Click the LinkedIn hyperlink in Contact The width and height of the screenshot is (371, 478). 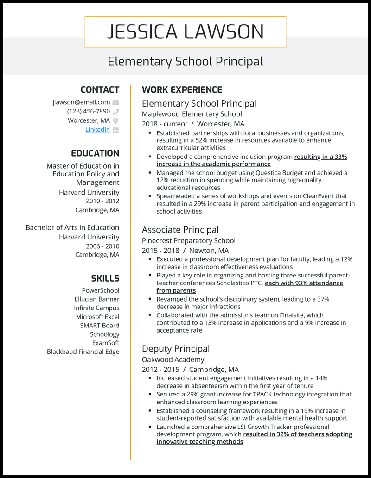pyautogui.click(x=97, y=130)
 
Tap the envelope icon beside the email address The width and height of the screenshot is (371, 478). pyautogui.click(x=115, y=102)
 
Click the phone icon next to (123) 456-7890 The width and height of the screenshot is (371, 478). pyautogui.click(x=115, y=112)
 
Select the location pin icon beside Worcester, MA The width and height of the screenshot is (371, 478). pyautogui.click(x=115, y=121)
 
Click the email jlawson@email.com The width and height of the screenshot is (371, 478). pyautogui.click(x=81, y=102)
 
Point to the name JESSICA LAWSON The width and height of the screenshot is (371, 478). pyautogui.click(x=185, y=32)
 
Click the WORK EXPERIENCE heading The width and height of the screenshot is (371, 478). pyautogui.click(x=182, y=90)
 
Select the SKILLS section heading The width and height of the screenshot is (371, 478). pyautogui.click(x=105, y=278)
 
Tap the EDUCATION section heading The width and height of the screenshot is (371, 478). pyautogui.click(x=95, y=153)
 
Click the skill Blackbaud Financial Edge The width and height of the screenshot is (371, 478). pyautogui.click(x=83, y=352)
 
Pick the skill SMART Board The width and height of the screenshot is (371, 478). pyautogui.click(x=99, y=326)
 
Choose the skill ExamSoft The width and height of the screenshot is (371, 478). pyautogui.click(x=105, y=343)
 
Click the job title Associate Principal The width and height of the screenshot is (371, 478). pyautogui.click(x=180, y=230)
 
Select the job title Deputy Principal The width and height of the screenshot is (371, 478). pyautogui.click(x=176, y=349)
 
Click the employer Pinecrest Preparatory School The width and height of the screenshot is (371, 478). pyautogui.click(x=188, y=241)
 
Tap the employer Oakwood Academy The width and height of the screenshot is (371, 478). pyautogui.click(x=173, y=359)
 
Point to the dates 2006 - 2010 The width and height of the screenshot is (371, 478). pyautogui.click(x=102, y=246)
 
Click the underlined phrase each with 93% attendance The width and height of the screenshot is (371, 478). pyautogui.click(x=303, y=283)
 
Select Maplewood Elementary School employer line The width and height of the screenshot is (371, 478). pyautogui.click(x=192, y=114)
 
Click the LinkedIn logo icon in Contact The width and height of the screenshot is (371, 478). pyautogui.click(x=115, y=130)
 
